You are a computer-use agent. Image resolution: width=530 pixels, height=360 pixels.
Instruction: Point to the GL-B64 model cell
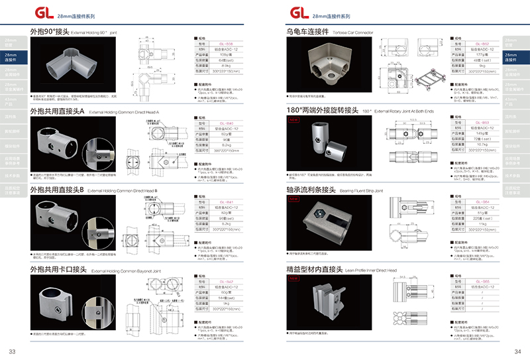pyautogui.click(x=481, y=202)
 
